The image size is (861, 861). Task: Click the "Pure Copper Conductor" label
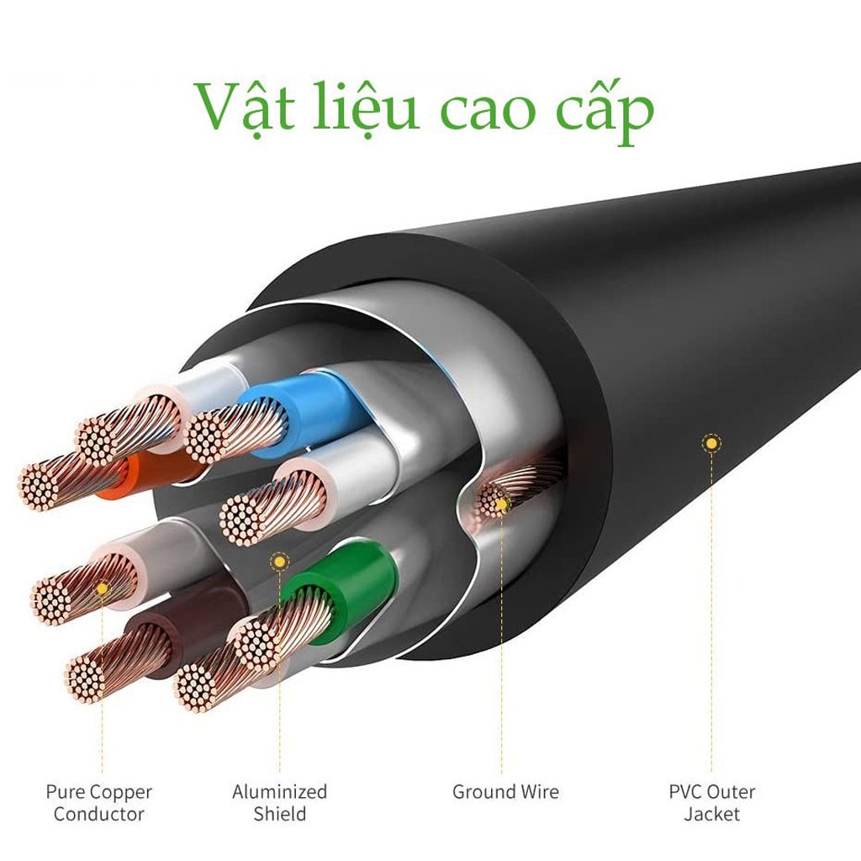click(99, 802)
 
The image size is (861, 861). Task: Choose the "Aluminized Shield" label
click(279, 802)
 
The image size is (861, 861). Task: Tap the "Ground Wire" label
click(505, 791)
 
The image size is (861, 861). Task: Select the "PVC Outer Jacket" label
click(711, 802)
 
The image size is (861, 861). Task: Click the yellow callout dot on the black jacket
click(711, 442)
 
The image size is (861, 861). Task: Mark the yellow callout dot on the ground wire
click(501, 503)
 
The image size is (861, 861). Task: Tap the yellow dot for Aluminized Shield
click(279, 561)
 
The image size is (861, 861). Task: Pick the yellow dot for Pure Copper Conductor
click(102, 589)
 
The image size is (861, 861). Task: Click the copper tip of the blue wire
click(205, 436)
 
